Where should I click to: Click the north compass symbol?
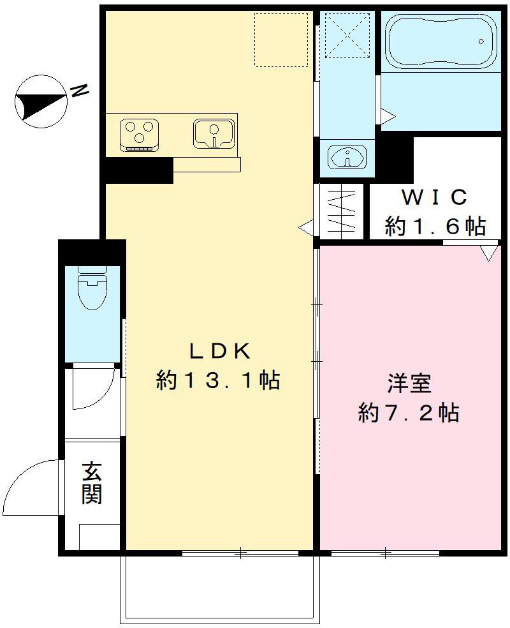pos(40,99)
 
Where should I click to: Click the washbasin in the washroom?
pos(346,157)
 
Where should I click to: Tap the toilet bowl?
pos(91,290)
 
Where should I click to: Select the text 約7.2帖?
pos(409,413)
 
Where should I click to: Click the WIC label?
pos(435,197)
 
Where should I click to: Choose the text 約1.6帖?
pos(435,226)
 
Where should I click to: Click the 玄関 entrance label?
pos(92,483)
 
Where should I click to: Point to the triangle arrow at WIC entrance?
pos(489,253)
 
